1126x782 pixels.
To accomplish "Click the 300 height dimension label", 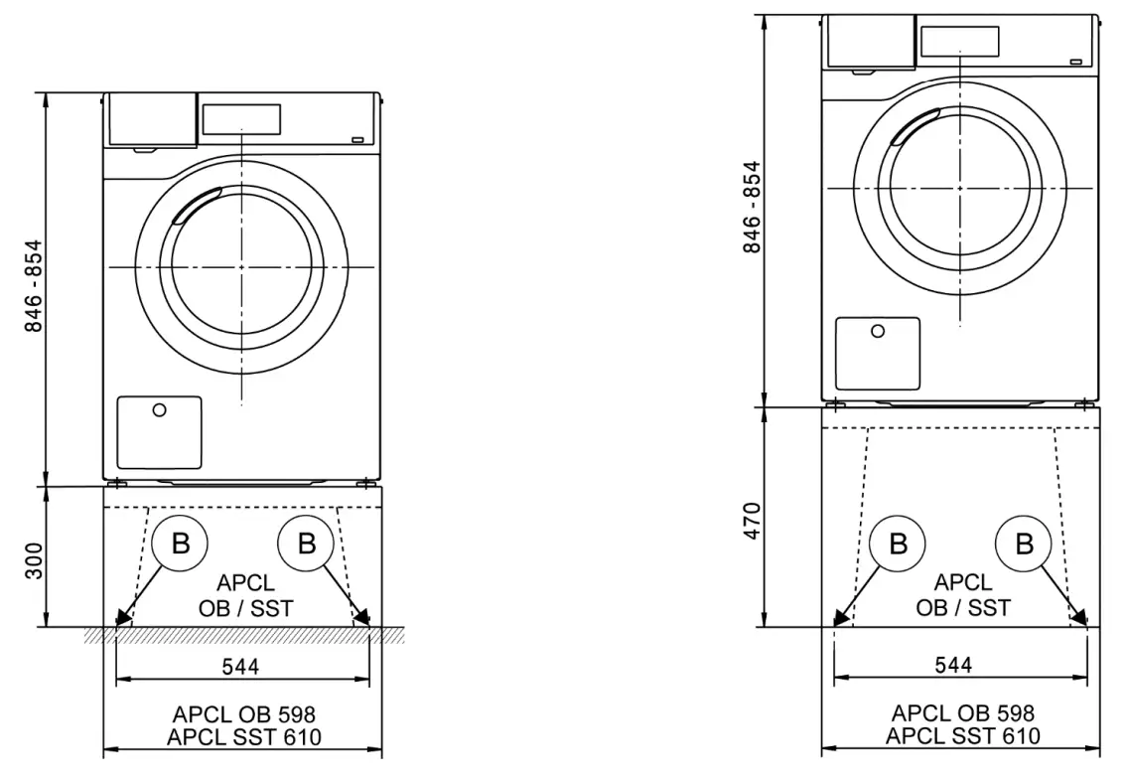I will point(34,562).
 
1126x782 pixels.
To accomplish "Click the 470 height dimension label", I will point(752,521).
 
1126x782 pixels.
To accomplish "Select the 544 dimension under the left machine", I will point(240,667).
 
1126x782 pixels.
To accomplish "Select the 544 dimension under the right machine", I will point(959,665).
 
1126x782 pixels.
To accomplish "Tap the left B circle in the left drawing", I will point(181,544).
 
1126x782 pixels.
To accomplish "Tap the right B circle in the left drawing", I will point(306,544).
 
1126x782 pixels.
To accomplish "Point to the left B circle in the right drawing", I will point(898,544).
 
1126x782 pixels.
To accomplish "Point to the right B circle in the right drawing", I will point(1023,544).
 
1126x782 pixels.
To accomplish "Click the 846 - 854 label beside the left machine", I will point(34,286).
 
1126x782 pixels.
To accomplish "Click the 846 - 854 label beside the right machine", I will point(752,207).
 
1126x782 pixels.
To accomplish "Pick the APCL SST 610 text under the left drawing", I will point(244,736).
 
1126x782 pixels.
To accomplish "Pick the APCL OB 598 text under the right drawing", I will point(962,712).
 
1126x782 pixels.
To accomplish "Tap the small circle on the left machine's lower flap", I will point(160,410).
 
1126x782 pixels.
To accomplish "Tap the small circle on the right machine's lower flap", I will point(878,332).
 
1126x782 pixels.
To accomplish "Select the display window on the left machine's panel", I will point(241,119).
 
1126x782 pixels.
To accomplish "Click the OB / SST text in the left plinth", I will point(244,608).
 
